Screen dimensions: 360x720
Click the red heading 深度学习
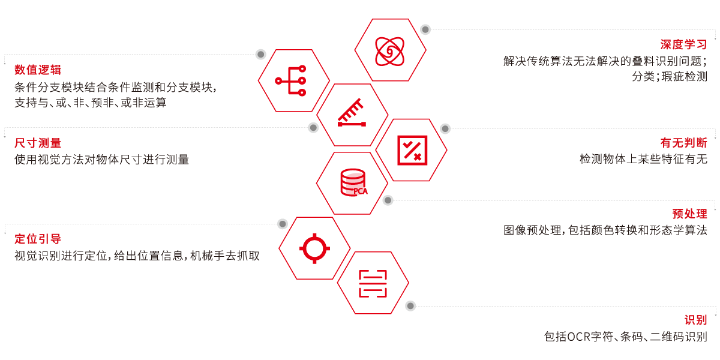(683, 44)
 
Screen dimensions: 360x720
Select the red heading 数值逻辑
(38, 70)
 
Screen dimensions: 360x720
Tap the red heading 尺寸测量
(38, 143)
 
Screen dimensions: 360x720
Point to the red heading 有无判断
(683, 143)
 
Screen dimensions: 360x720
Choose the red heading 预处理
(689, 214)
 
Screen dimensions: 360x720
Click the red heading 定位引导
(38, 239)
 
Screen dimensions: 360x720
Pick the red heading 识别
(695, 320)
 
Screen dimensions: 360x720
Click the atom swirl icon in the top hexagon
(389, 50)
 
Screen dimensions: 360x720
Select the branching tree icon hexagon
(293, 80)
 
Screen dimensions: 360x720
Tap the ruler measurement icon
(352, 114)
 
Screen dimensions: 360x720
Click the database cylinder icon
(353, 183)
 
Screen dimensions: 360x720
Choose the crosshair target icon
(314, 248)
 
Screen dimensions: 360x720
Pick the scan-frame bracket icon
(373, 283)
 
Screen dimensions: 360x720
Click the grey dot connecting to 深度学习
(425, 29)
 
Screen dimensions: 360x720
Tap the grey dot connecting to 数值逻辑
(260, 55)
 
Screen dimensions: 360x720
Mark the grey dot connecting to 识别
(410, 306)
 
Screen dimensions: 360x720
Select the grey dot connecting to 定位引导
(283, 224)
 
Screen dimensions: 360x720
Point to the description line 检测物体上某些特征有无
(643, 159)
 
